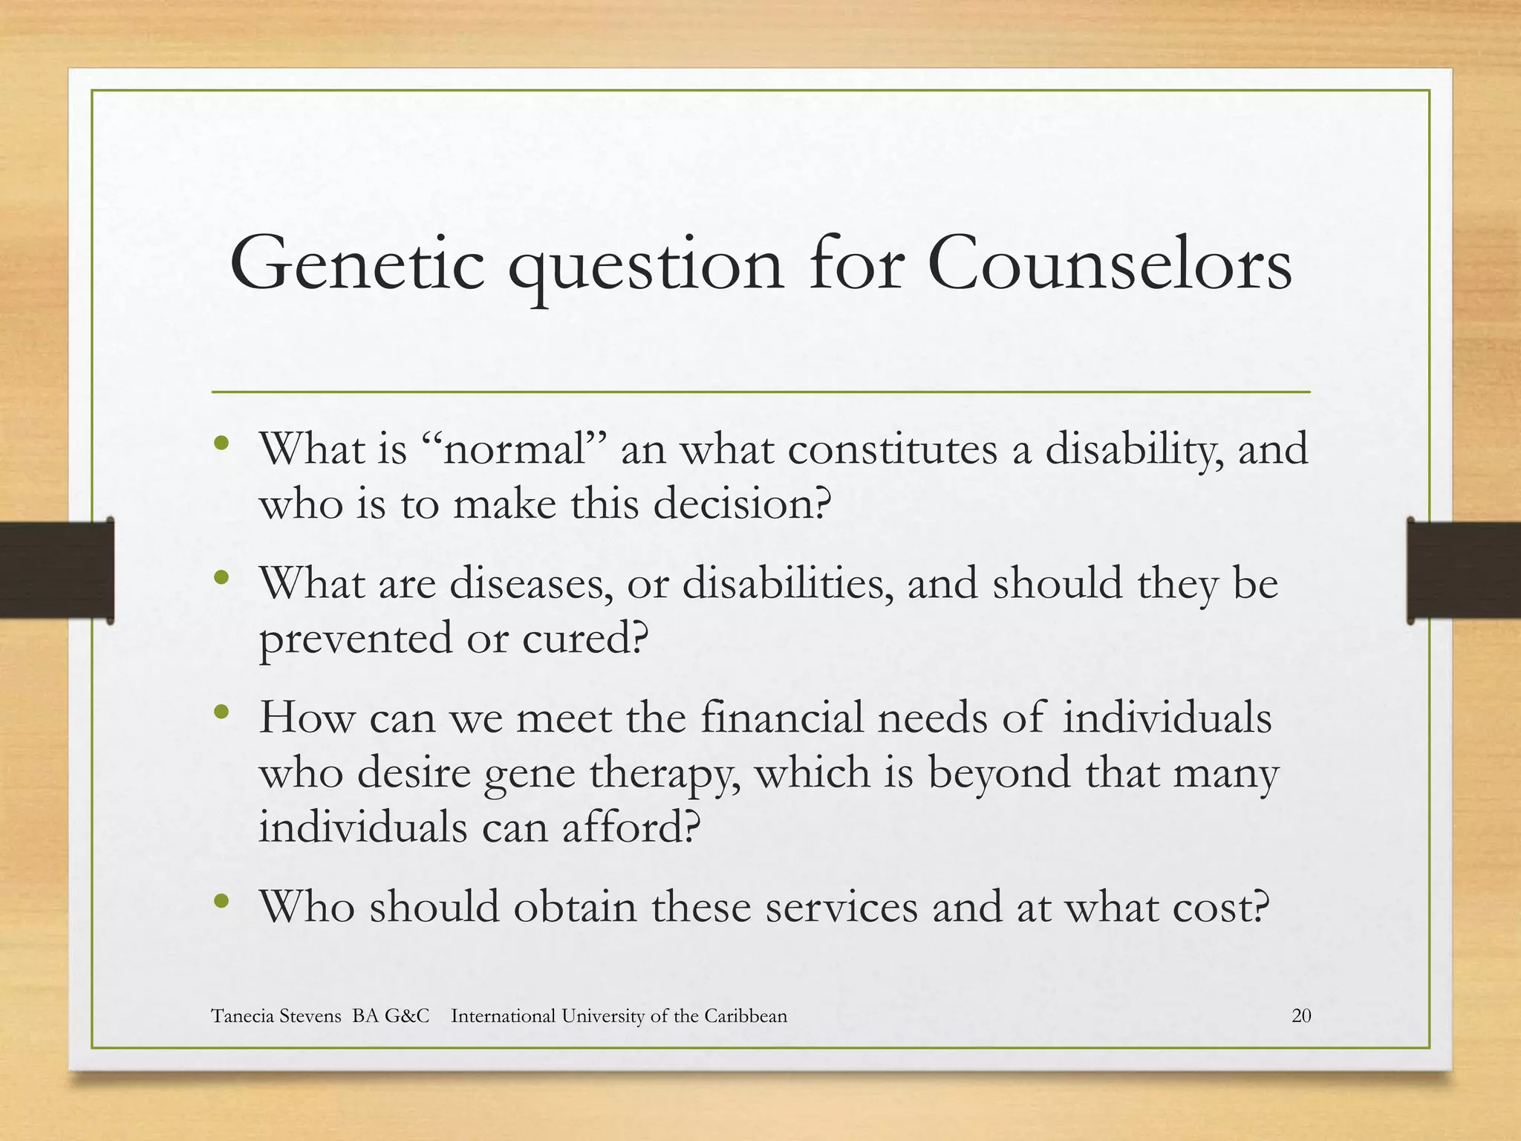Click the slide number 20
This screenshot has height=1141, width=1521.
pyautogui.click(x=1301, y=1015)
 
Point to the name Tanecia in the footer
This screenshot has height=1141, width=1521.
pyautogui.click(x=242, y=1015)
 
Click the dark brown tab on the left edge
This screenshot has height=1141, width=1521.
pyautogui.click(x=56, y=570)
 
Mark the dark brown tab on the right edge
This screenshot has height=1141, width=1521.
pyautogui.click(x=1464, y=570)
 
